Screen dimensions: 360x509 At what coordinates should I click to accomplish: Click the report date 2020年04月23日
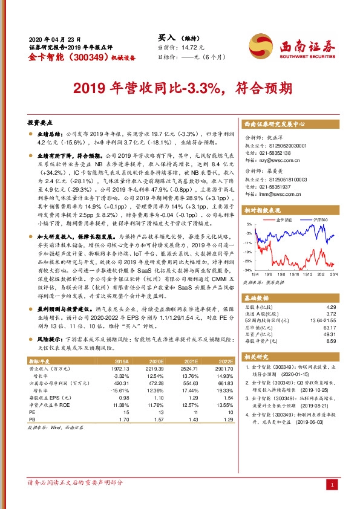[x=54, y=37]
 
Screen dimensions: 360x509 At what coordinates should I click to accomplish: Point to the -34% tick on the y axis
[x=248, y=270]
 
